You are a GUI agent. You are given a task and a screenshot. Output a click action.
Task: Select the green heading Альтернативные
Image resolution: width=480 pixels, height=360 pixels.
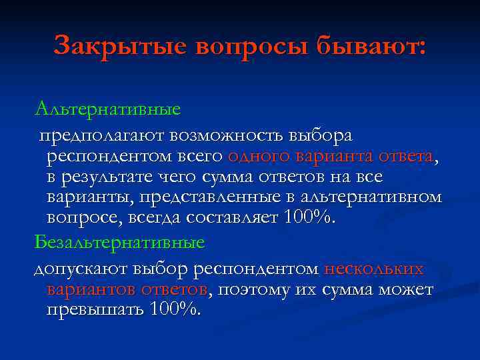108,106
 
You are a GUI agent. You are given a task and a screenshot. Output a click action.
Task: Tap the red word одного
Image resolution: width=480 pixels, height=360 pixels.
258,157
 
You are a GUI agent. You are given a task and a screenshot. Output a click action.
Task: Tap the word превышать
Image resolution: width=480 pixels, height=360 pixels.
95,311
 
